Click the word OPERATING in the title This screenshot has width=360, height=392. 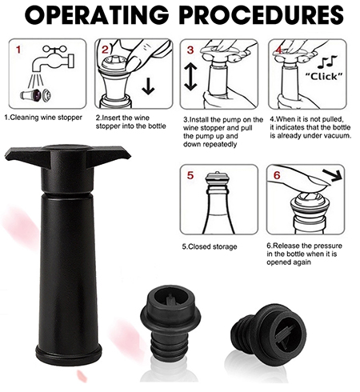coord(98,15)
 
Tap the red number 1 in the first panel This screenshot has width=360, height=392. coord(18,50)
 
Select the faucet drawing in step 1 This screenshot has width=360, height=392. coord(53,59)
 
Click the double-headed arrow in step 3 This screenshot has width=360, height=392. coord(190,77)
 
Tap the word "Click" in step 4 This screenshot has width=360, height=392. coord(324,77)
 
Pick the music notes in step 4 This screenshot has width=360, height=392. coord(327,62)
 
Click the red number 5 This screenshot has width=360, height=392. coord(190,175)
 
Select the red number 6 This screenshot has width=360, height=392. coord(277,175)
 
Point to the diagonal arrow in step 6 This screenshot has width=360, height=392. coord(332,175)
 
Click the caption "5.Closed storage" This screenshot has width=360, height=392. coord(210,246)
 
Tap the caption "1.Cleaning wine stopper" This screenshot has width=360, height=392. coord(43,118)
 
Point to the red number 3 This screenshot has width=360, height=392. coord(190,50)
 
